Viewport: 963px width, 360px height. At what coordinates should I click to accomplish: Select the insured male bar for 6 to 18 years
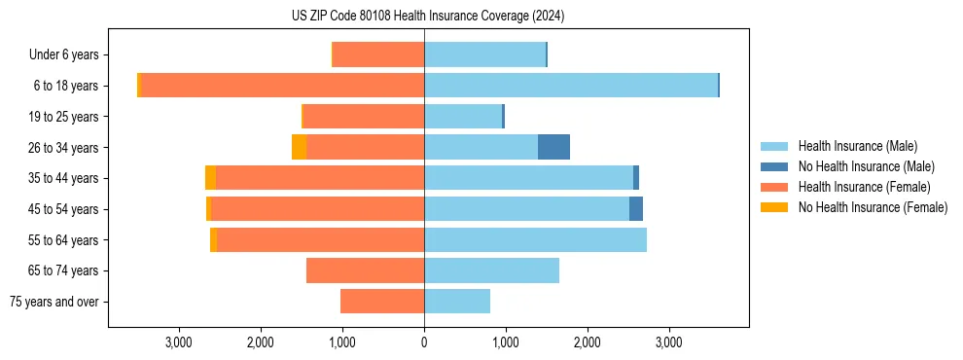point(571,86)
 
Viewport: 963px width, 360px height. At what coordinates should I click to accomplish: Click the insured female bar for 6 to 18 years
point(282,86)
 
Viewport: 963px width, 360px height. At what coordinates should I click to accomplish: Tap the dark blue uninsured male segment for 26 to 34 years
point(553,147)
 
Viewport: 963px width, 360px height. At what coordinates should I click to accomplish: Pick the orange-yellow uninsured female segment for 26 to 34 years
point(299,147)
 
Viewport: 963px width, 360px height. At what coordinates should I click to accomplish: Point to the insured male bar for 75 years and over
point(457,302)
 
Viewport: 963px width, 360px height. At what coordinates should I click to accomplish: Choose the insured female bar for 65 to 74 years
point(365,270)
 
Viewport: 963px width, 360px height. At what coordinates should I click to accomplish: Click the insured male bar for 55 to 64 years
point(535,239)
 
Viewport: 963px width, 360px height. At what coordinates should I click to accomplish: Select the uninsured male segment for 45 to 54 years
point(636,209)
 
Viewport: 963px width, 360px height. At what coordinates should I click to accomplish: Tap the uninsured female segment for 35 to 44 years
point(210,178)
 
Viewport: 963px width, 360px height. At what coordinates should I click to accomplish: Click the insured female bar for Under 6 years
point(378,54)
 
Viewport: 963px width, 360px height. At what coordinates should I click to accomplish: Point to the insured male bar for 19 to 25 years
point(463,117)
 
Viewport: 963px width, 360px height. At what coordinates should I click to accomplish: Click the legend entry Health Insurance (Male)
point(857,146)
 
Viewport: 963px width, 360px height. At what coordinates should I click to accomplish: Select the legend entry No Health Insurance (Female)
point(873,207)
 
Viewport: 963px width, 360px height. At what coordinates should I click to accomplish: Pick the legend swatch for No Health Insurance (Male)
point(774,166)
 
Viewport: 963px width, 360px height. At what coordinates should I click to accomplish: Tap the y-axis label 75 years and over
point(53,302)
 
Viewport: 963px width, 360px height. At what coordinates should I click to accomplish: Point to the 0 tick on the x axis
point(424,342)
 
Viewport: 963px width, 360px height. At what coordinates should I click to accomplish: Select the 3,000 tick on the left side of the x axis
point(179,342)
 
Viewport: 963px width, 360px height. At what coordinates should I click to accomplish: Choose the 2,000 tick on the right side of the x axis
point(587,342)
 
